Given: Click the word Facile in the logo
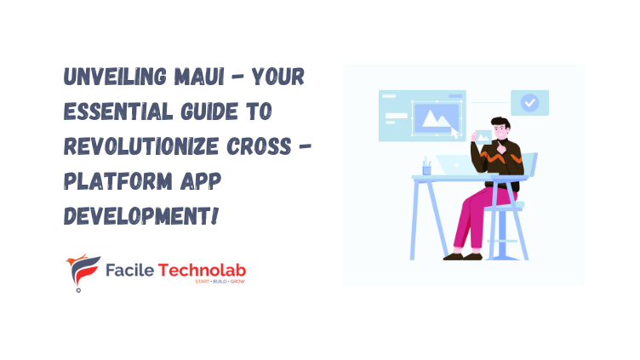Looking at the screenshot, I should pos(129,270).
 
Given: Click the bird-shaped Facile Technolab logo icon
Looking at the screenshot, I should pos(83,271).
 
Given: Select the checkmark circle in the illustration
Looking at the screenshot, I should pos(530,103).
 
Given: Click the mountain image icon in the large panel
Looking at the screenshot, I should pos(439,117).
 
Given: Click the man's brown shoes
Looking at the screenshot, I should pos(460,254).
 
